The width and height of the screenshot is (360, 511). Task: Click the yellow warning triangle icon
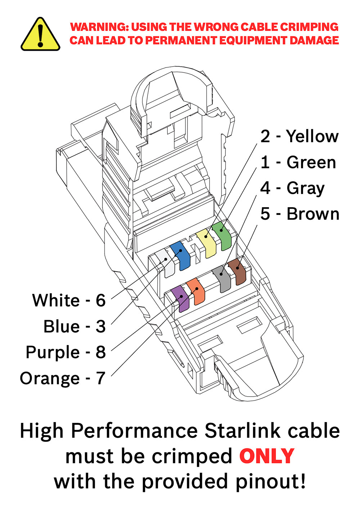coord(40,35)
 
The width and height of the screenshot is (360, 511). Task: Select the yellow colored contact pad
coord(207,243)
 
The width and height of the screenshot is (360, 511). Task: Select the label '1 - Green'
coord(298,162)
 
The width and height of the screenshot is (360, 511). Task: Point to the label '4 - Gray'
coord(292,188)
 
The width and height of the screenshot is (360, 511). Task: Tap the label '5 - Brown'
coord(300,214)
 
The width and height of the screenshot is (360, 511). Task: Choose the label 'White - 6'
coord(69,300)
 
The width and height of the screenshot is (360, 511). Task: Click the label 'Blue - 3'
coord(75,326)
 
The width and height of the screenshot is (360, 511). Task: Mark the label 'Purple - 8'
coord(66,352)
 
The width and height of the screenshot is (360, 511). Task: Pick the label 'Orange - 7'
coord(62,378)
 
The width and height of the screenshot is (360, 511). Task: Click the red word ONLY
coord(267,456)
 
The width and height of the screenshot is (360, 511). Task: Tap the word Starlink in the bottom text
coord(242,431)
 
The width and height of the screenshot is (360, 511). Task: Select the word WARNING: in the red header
coord(99,27)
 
